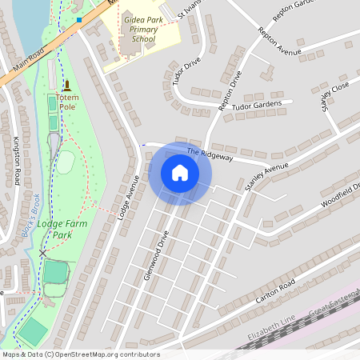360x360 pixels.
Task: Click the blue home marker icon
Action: tap(180, 173)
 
